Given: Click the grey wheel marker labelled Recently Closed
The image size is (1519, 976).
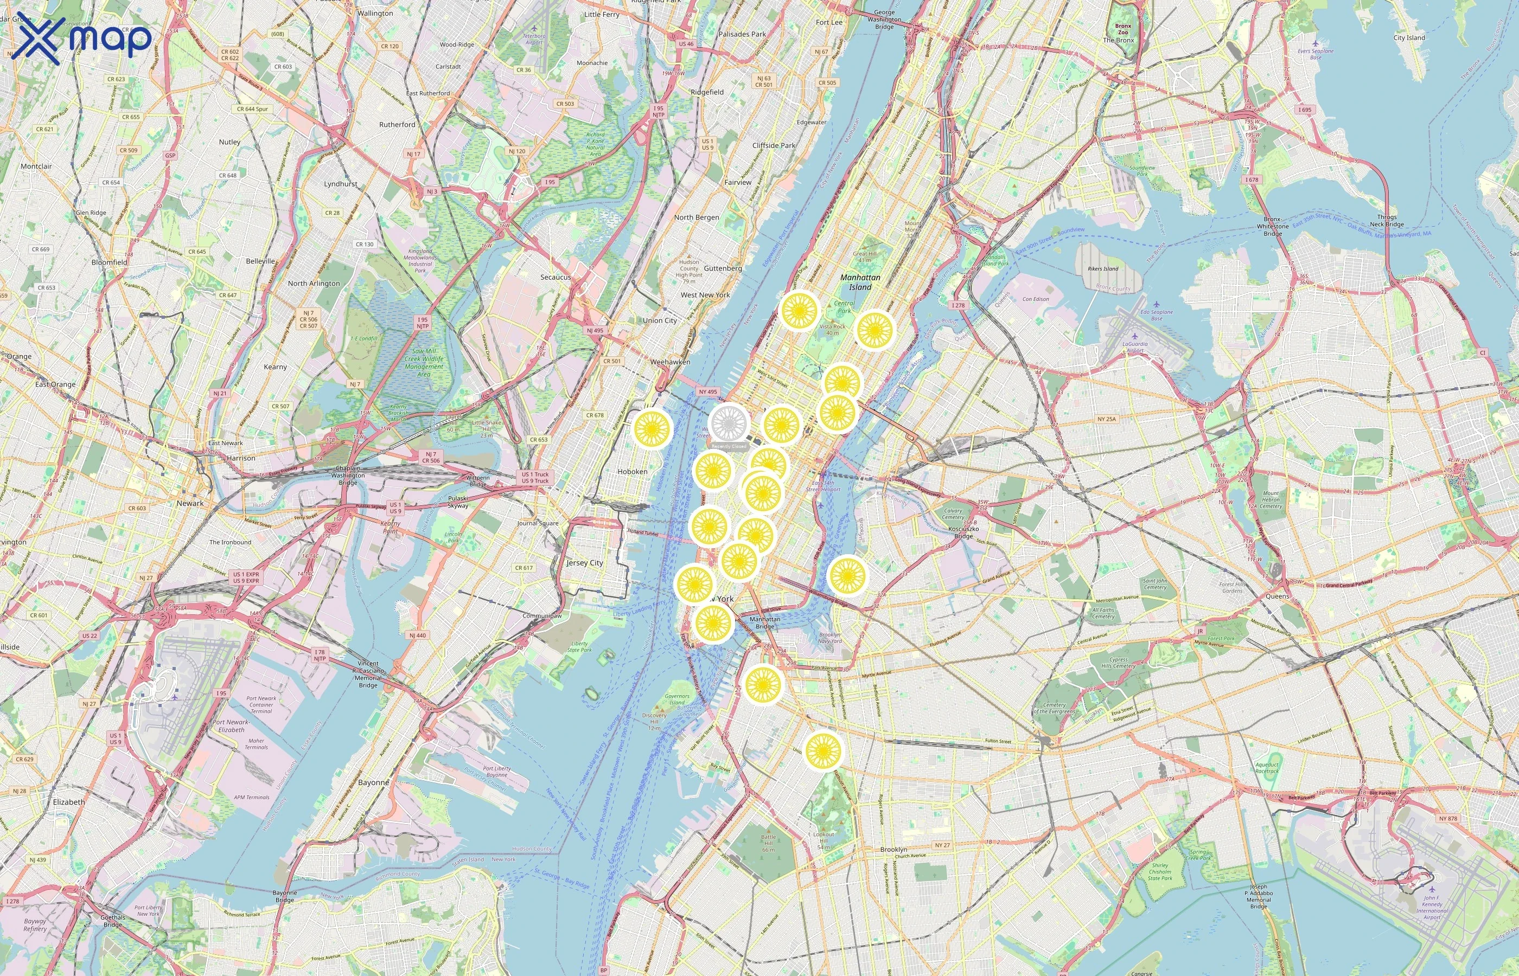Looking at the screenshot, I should coord(729,423).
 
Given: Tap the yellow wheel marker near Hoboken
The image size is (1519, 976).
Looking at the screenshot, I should coord(652,429).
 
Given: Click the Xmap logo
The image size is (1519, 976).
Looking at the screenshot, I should coord(82,38).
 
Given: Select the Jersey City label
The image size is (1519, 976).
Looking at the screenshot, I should coord(584,563).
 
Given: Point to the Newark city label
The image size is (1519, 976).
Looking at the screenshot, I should coord(190,503).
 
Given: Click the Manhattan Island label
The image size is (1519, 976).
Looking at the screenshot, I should coord(860,282).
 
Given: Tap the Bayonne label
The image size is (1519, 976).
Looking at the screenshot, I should coord(373,782).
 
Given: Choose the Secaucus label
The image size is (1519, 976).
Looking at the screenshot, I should coord(556,277).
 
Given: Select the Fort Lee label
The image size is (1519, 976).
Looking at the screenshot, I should coord(829,22).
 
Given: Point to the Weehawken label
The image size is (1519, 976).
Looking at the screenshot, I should coord(670,362).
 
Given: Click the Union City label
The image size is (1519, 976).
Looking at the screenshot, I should coord(660,320).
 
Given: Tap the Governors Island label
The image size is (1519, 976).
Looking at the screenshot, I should coord(677,699).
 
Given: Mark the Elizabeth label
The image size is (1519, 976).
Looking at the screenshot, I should coord(69,802).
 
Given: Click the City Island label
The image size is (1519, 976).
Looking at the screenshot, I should coord(1409,37).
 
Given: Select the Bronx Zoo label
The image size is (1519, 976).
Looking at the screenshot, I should coord(1123,29).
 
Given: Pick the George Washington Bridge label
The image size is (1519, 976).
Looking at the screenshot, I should coord(884,20).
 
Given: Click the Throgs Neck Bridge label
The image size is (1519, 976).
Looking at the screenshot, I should coord(1387,221).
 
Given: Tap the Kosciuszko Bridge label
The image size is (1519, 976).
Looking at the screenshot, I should coord(963,532).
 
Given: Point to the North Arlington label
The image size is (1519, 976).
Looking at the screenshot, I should coord(314,283).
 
